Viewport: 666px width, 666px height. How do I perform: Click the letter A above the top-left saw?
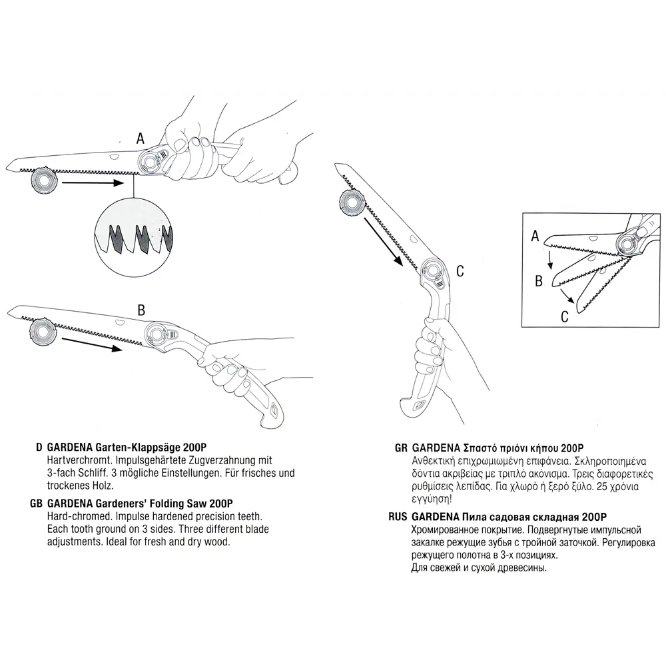coord(141,139)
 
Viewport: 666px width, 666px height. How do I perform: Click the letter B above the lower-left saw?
coord(141,310)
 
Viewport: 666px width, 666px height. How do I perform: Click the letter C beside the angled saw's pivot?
coord(460,271)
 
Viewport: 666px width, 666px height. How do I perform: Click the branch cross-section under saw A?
coord(44,180)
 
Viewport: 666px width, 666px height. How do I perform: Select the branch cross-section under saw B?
coord(43,330)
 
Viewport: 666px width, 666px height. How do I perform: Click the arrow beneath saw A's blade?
coord(93,183)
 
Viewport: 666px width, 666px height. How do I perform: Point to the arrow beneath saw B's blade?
coord(92,344)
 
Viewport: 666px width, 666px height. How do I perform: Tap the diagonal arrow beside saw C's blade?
coord(384,241)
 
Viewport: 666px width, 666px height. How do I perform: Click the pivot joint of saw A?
coord(149,161)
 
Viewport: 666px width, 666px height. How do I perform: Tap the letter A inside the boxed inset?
coord(535,236)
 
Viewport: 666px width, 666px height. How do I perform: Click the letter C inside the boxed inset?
coord(565,316)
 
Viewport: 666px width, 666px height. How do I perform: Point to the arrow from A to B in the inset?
coord(550,260)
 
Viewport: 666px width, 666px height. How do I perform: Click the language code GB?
coord(36,503)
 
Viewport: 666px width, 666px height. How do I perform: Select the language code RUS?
coord(398,517)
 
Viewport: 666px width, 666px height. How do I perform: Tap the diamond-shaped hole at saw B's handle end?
coord(272,410)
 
